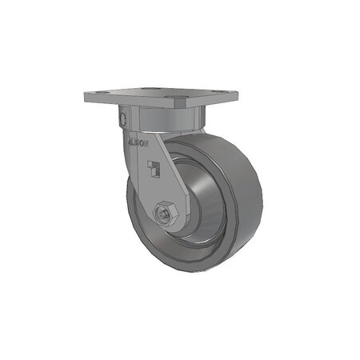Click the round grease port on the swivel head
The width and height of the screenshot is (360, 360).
[x=122, y=118]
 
